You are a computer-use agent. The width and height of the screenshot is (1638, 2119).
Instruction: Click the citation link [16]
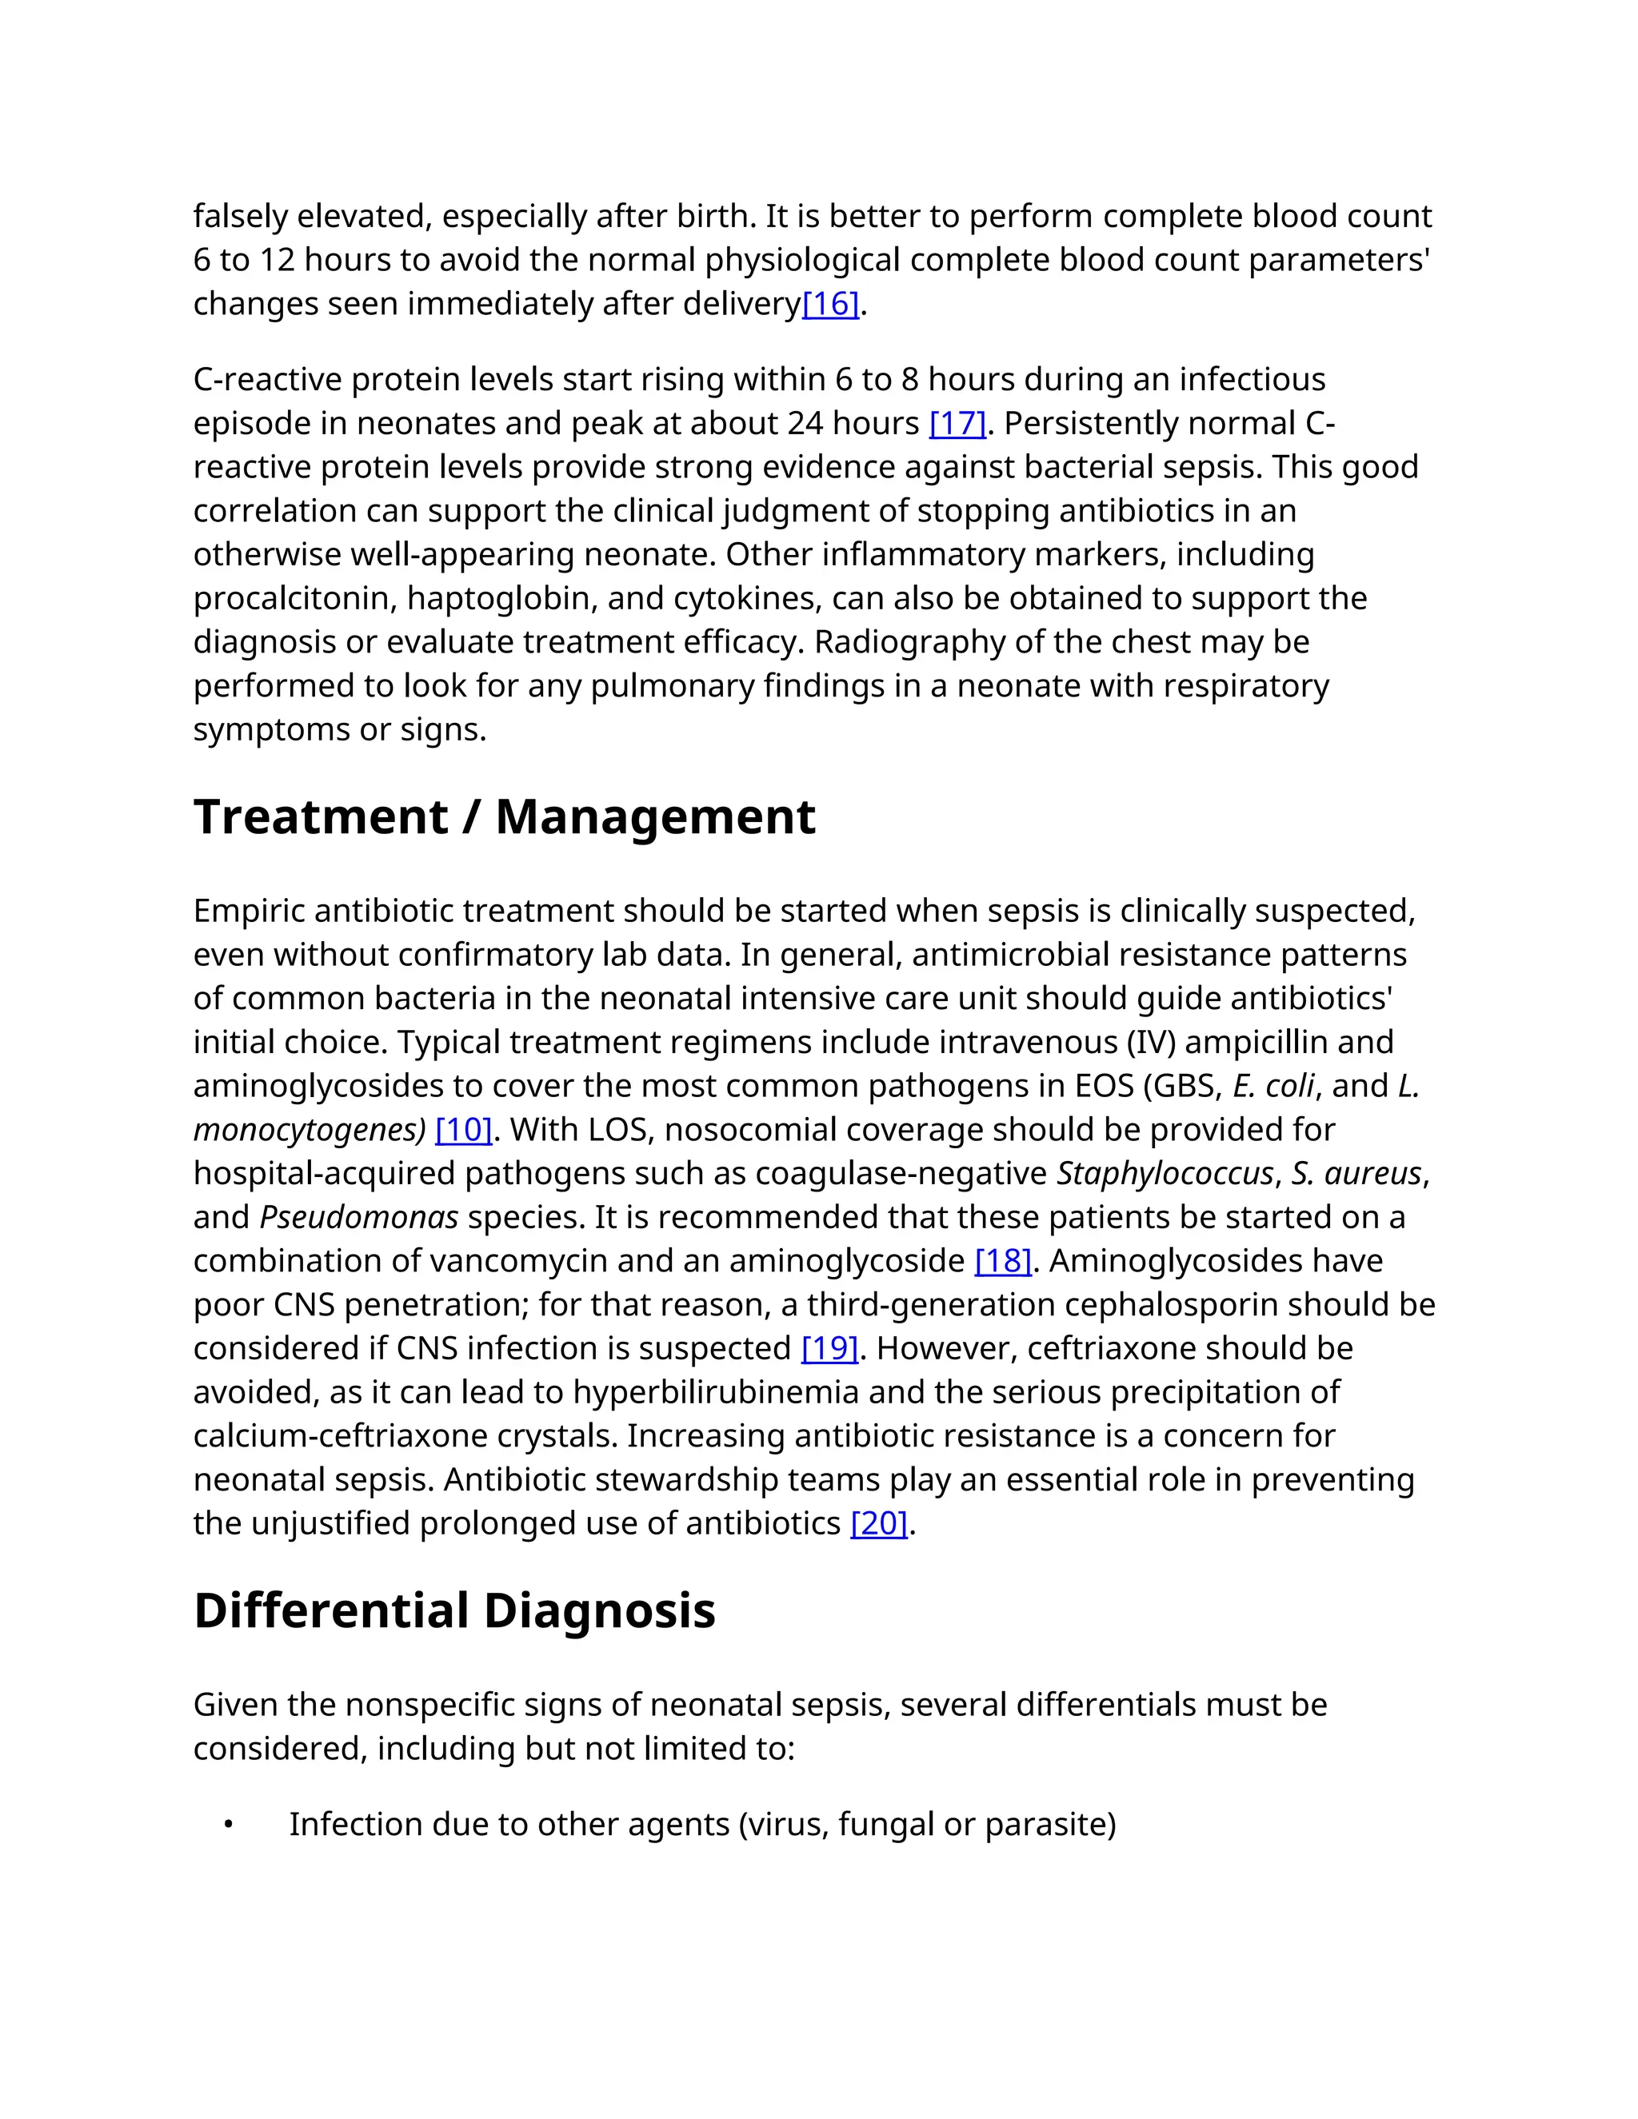tap(831, 305)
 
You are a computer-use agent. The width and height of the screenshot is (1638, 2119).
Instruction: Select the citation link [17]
tap(957, 424)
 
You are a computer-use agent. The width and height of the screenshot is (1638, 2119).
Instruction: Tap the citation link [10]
tap(464, 1131)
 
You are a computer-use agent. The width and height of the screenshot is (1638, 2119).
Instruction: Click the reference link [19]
tap(829, 1349)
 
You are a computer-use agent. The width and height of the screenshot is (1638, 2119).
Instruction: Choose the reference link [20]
tap(879, 1523)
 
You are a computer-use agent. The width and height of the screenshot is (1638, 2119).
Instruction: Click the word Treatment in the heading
tap(320, 817)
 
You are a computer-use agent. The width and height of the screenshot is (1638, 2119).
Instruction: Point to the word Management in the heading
tap(655, 817)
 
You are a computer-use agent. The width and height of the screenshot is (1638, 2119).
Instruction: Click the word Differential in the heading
tap(331, 1610)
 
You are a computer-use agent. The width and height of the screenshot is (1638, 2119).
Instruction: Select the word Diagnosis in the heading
tap(600, 1610)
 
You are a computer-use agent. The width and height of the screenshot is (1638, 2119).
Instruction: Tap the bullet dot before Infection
tap(228, 1825)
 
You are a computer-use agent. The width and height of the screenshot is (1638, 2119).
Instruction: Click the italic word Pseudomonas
tap(359, 1218)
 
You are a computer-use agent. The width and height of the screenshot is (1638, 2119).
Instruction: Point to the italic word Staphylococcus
tap(1165, 1174)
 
